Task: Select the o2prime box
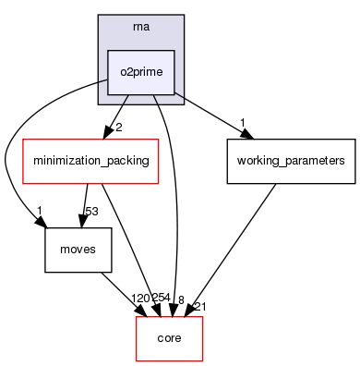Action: [x=141, y=72]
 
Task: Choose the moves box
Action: [x=71, y=250]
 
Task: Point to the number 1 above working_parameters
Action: [x=242, y=123]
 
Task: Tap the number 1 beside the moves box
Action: [x=42, y=211]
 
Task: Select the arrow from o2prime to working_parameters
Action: [x=212, y=116]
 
